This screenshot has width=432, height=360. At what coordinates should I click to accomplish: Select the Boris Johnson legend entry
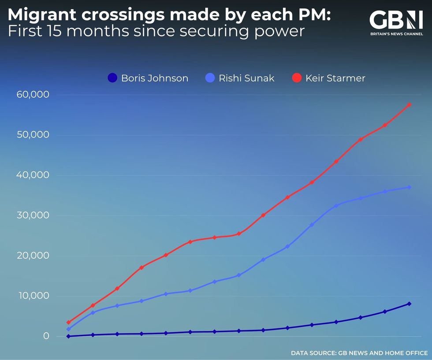click(148, 78)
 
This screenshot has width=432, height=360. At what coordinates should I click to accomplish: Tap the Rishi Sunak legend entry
click(240, 78)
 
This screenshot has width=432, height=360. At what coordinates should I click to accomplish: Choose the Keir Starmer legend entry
click(329, 78)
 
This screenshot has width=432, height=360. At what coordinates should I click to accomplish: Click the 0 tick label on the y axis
click(46, 336)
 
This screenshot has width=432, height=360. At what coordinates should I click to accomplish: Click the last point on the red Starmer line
click(409, 104)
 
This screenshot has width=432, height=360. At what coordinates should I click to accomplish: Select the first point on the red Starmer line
click(68, 323)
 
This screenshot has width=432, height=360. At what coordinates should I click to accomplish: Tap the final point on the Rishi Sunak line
click(409, 187)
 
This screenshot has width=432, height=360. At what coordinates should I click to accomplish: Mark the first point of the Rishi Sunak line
click(68, 329)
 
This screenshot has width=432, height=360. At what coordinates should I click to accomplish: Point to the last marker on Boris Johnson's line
click(409, 304)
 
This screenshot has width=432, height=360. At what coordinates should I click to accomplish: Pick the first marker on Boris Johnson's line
click(68, 336)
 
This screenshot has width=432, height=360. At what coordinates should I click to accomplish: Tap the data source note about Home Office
click(359, 353)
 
